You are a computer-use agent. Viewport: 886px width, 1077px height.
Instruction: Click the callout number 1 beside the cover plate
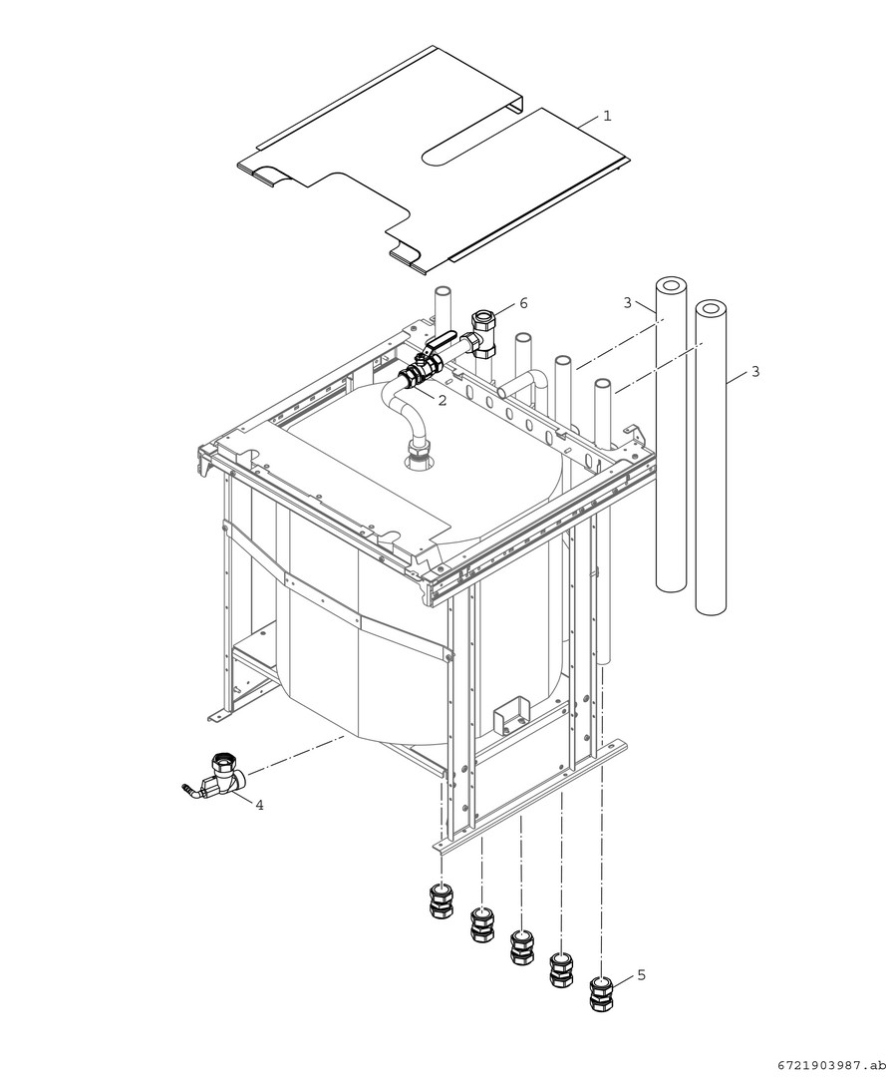(607, 116)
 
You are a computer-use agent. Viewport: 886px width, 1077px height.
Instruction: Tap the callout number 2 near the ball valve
(442, 401)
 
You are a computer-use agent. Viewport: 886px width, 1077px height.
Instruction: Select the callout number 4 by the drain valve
(259, 805)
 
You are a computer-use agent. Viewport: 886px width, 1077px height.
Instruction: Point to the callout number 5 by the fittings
(641, 974)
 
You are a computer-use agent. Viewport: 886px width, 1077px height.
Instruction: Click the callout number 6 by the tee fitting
(523, 303)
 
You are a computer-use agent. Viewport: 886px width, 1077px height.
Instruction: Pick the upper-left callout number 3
(627, 302)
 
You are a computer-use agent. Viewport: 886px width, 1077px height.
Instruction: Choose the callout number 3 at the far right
(754, 372)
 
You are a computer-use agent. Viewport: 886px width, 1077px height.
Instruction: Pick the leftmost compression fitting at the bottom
(442, 901)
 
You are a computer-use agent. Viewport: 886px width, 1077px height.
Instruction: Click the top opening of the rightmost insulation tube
(711, 309)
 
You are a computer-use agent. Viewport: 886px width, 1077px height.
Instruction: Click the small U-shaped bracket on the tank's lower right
(511, 712)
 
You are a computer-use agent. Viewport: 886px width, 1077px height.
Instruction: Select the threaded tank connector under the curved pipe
(418, 456)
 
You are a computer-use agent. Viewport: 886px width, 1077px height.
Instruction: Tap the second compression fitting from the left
(482, 923)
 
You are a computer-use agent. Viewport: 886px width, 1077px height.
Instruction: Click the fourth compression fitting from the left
(562, 968)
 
